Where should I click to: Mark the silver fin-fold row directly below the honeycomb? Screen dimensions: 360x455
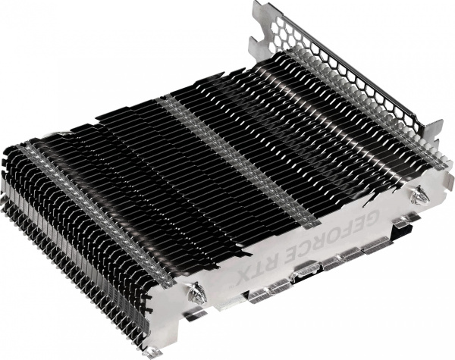[356, 106]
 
